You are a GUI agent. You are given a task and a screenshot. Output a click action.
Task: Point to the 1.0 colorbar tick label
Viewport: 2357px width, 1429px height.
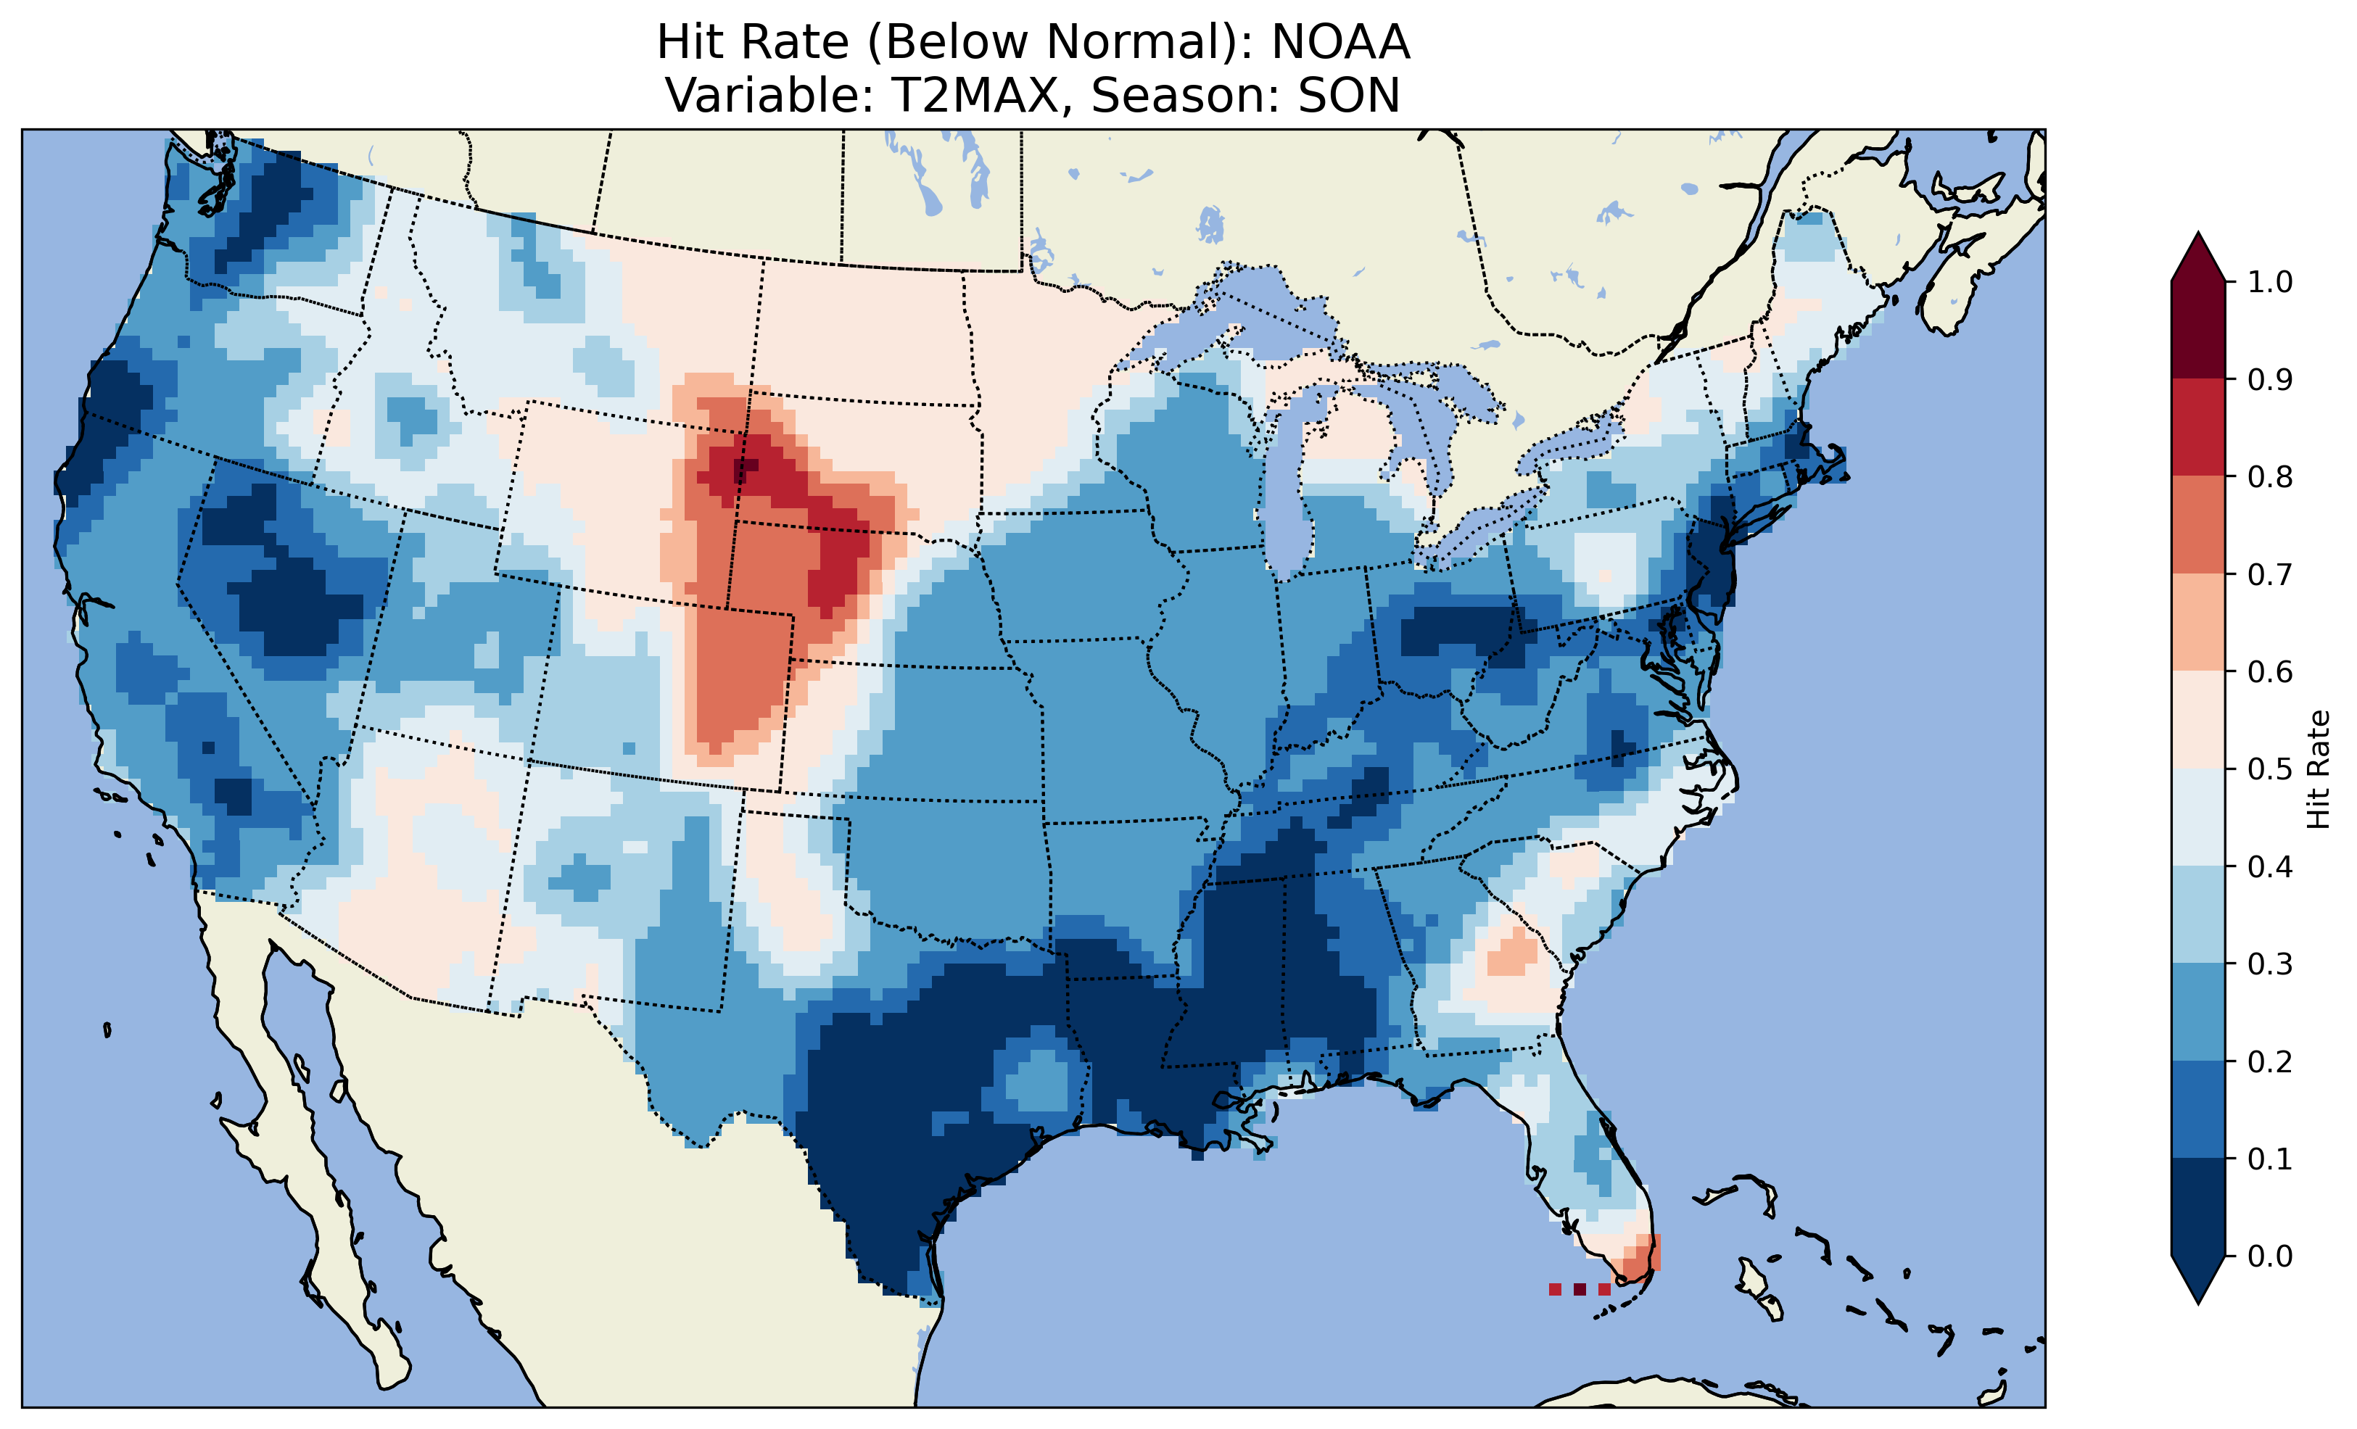coord(2271,282)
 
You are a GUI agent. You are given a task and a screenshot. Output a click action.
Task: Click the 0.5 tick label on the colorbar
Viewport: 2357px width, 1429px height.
coord(2271,769)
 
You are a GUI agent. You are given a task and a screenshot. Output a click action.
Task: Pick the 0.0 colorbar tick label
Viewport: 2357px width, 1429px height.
coord(2271,1256)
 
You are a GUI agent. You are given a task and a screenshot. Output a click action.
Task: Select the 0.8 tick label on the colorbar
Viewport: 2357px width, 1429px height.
coord(2271,476)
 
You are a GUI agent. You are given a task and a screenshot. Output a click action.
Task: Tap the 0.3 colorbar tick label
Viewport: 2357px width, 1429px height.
coord(2271,964)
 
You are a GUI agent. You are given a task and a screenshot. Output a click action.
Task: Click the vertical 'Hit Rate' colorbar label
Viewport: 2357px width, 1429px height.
coord(2319,769)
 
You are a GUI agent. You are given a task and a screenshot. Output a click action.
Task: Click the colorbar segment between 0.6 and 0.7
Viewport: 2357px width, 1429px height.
coord(2198,623)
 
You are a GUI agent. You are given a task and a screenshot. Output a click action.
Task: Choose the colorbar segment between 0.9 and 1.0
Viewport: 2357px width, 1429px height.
coord(2198,330)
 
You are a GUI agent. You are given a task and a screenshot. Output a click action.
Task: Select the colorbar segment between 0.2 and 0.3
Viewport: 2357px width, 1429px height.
coord(2198,1012)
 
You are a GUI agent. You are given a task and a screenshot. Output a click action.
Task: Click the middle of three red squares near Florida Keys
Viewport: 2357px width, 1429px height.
coord(1580,1289)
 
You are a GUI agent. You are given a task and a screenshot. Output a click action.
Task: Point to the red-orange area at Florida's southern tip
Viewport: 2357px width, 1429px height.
coord(1638,1261)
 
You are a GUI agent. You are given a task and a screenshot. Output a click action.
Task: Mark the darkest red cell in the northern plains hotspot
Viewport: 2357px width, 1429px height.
coord(744,468)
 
